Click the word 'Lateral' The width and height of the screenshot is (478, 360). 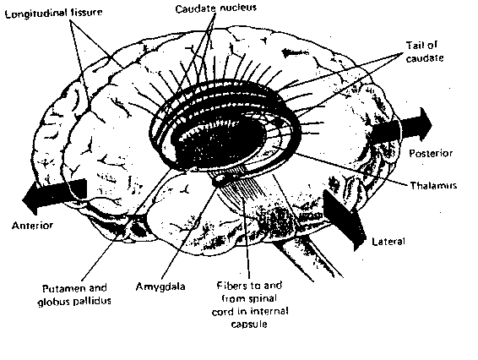(388, 242)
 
